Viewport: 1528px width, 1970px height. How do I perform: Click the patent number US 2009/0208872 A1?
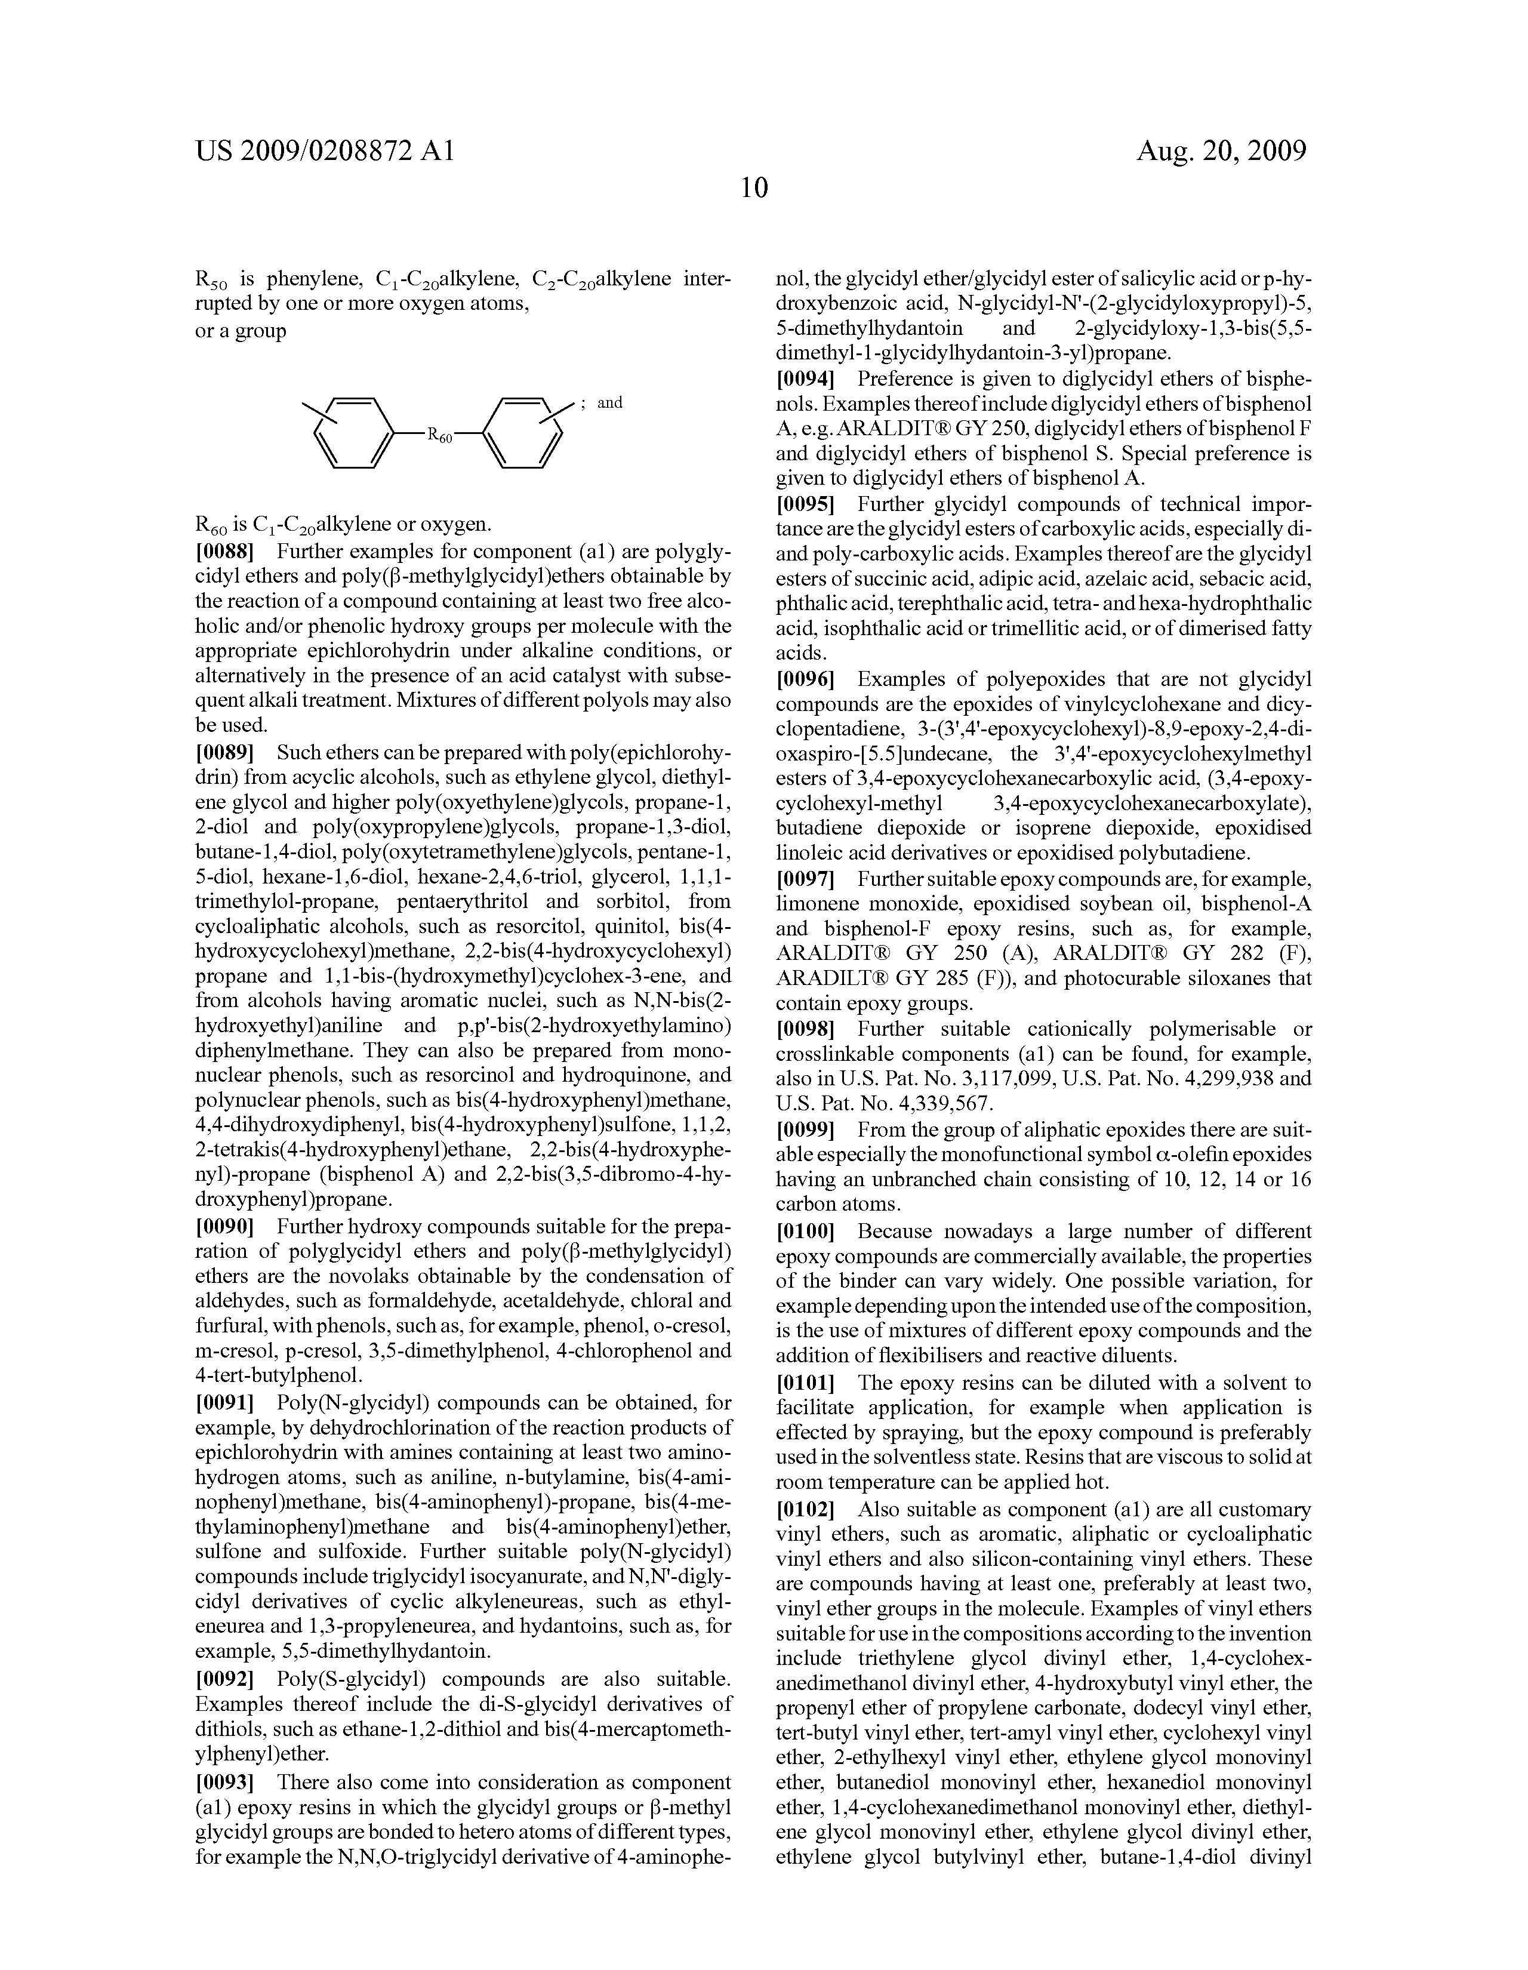tap(324, 150)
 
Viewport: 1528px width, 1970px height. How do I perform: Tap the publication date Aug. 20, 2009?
tap(1221, 150)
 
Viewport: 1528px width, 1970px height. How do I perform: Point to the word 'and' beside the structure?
tap(610, 402)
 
